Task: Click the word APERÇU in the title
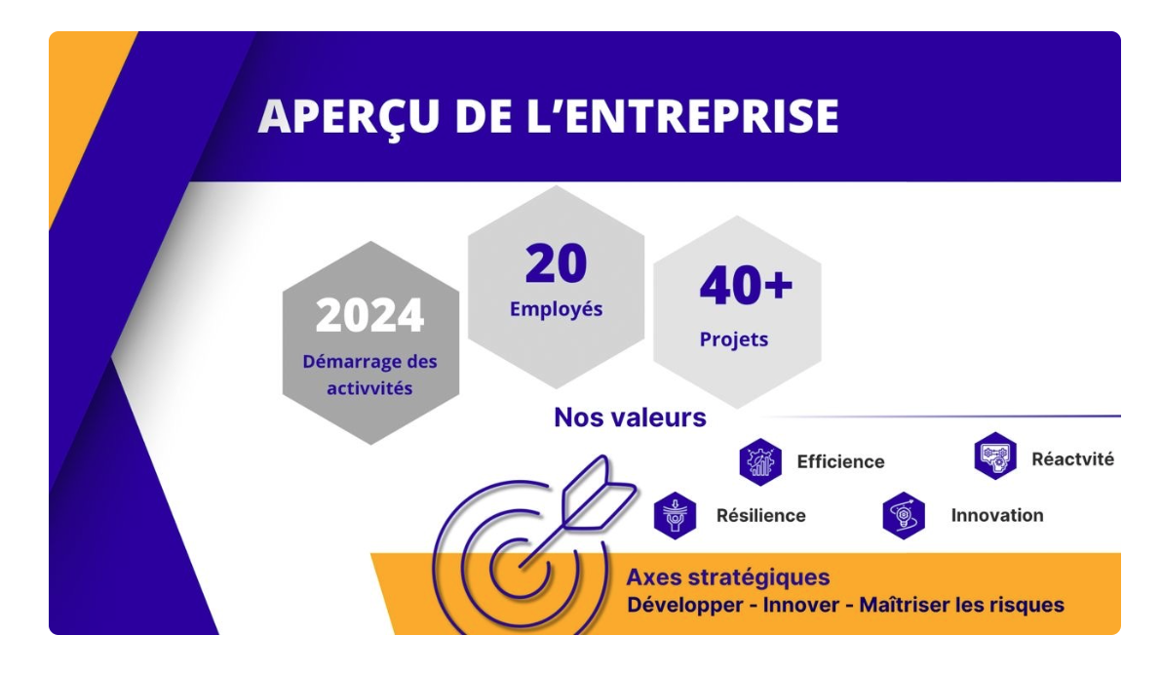pos(348,117)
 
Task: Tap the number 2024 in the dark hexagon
pos(369,315)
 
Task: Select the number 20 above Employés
pos(556,263)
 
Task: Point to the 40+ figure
pos(746,286)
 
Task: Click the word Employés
pos(556,309)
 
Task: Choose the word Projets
pos(734,339)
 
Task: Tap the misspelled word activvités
pos(369,388)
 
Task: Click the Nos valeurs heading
pos(630,417)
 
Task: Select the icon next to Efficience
pos(760,462)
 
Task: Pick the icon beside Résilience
pos(676,516)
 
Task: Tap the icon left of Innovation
pos(904,516)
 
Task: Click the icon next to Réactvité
pos(995,457)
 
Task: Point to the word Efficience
pos(840,462)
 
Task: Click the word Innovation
pos(996,516)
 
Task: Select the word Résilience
pos(761,516)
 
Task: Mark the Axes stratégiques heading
pos(728,577)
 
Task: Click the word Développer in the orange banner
pos(685,606)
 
